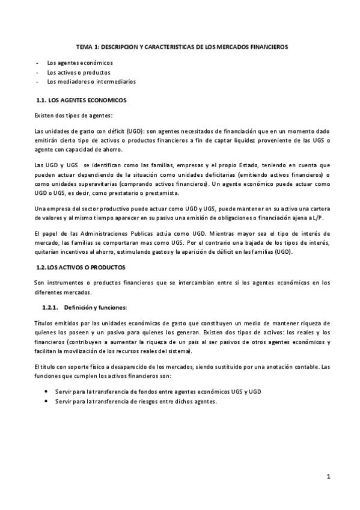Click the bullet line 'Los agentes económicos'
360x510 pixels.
[79, 63]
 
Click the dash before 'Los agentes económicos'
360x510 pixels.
[38, 63]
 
